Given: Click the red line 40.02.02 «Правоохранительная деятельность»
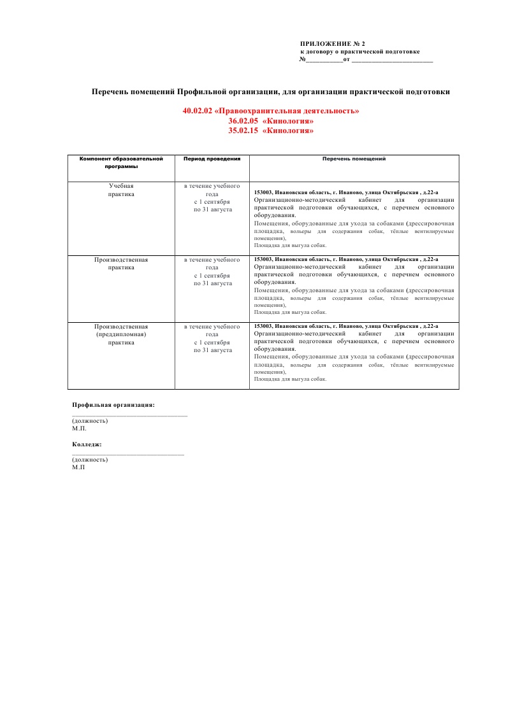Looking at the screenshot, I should (271, 111).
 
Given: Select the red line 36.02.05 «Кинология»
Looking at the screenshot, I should (271, 121).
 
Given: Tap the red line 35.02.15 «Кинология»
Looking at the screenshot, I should (271, 131).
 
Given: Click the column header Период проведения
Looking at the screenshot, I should (212, 159).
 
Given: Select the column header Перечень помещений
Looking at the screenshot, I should (354, 159).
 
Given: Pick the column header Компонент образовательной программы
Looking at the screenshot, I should (121, 162).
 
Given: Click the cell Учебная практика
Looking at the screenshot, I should (121, 189).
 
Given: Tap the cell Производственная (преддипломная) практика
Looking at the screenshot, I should (121, 334).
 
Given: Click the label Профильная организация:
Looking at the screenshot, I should (113, 404).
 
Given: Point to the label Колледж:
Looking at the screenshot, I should (87, 444).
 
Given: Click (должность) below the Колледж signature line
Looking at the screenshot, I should (90, 460).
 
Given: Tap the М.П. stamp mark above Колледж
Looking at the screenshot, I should (79, 428).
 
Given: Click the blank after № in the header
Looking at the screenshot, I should (324, 60).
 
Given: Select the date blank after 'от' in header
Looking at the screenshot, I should (392, 60).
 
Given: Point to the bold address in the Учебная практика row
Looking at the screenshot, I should (346, 192).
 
